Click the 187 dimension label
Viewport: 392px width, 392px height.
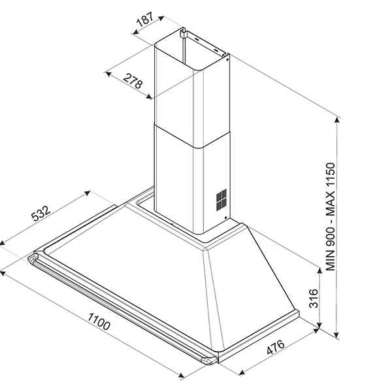(145, 19)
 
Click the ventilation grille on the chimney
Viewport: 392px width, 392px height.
(222, 199)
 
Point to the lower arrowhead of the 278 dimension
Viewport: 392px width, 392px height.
(152, 97)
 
